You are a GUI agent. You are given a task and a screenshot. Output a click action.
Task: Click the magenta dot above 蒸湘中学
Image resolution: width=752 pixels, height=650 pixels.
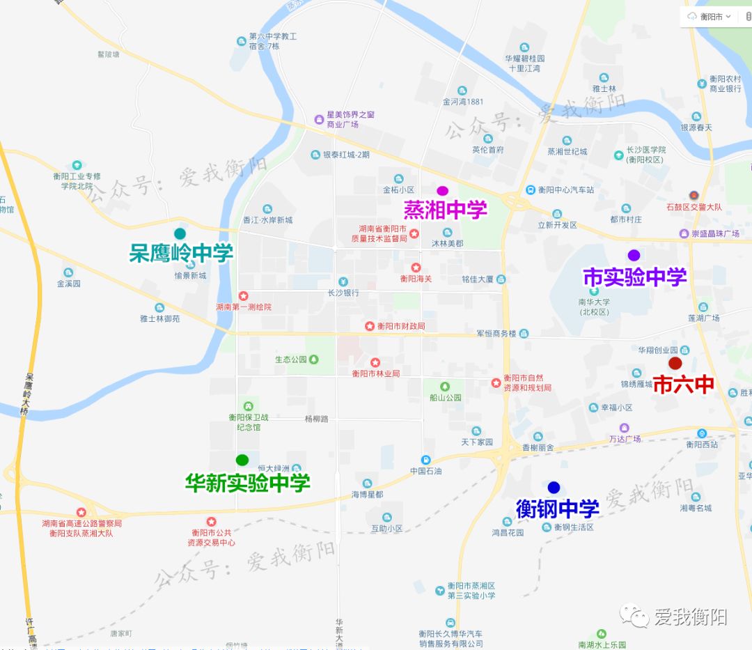[442, 191]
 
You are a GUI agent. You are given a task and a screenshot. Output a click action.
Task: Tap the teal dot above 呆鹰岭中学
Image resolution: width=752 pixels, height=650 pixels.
[180, 233]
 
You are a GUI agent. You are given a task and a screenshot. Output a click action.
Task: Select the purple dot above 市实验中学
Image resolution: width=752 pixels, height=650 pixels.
[634, 255]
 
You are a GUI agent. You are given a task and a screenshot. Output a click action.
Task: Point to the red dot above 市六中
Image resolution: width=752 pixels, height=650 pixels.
[675, 363]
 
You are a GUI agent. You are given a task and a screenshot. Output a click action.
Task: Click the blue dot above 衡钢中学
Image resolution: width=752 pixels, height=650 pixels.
[554, 487]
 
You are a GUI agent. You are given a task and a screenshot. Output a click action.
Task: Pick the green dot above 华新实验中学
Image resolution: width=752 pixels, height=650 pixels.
[242, 460]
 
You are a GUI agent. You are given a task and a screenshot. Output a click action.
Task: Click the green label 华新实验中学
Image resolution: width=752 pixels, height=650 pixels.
[247, 482]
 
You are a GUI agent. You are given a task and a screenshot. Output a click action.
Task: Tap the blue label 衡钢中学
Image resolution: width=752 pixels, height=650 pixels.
[557, 509]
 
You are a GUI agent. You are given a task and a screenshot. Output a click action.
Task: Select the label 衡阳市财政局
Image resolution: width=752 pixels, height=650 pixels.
[400, 326]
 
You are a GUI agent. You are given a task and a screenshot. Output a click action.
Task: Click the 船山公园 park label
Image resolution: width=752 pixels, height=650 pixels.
[446, 398]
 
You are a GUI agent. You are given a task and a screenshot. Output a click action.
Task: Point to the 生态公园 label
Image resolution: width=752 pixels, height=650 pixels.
[291, 359]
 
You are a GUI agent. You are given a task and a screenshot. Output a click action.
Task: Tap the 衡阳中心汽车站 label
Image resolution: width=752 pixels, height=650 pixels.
[565, 189]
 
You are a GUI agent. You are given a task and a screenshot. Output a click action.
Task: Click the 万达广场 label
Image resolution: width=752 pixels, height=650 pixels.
[625, 439]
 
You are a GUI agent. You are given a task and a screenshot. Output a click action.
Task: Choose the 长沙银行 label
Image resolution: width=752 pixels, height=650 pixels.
[343, 293]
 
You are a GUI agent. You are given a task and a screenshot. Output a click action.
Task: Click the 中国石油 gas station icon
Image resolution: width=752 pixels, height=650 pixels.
[425, 460]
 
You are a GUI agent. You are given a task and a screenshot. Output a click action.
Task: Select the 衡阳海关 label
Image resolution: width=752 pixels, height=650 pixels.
[416, 279]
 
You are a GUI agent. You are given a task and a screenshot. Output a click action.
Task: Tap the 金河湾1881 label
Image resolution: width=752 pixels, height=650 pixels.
[462, 102]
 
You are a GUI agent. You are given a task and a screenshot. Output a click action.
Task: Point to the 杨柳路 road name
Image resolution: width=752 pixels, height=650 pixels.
[316, 419]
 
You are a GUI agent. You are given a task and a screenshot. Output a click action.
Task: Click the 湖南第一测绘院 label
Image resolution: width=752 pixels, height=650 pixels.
[244, 307]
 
